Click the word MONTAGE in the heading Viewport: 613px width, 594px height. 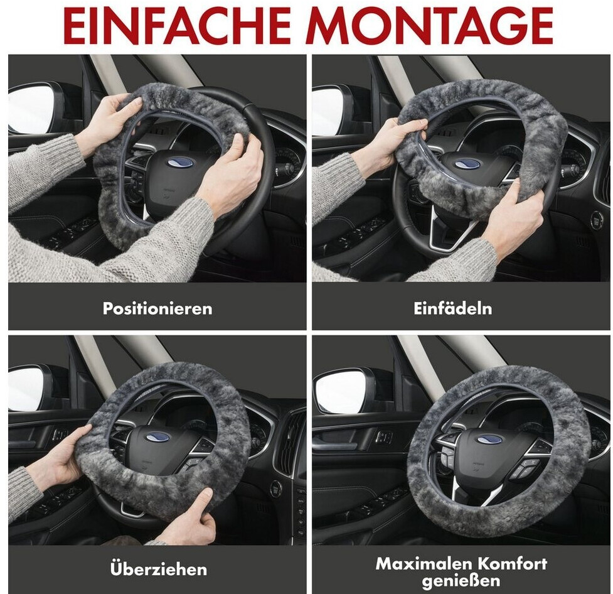point(430,26)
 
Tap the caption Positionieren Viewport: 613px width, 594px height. point(157,308)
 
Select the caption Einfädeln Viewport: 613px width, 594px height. point(453,308)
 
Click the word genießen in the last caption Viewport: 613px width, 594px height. point(461,581)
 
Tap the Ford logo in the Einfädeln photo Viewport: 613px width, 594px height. point(467,163)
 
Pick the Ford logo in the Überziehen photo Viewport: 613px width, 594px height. point(157,436)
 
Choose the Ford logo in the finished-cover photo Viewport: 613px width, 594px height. point(489,439)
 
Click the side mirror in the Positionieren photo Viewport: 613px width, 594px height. point(31,107)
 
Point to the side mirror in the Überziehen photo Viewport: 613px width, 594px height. point(28,387)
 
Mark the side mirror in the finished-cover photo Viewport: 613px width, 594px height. point(339,392)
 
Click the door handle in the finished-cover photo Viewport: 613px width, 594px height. point(383,436)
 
